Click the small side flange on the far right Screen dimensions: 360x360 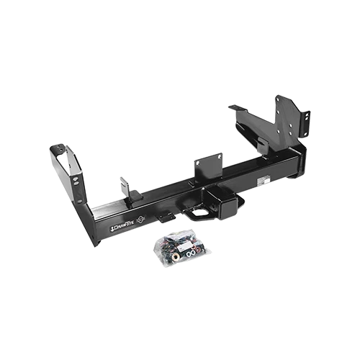[x=306, y=122]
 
